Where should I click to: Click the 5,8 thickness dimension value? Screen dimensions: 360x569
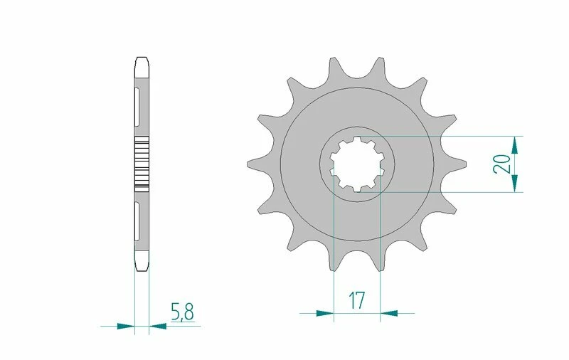pyautogui.click(x=181, y=312)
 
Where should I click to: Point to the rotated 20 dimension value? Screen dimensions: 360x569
pyautogui.click(x=501, y=164)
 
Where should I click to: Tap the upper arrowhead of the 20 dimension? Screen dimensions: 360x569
pyautogui.click(x=514, y=143)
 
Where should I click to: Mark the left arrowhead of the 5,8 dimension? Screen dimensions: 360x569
pyautogui.click(x=126, y=327)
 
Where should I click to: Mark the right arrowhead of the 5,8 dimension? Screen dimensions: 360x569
pyautogui.click(x=157, y=327)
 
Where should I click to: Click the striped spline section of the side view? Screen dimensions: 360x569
pyautogui.click(x=142, y=163)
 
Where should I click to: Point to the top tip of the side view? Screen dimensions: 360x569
pyautogui.click(x=142, y=58)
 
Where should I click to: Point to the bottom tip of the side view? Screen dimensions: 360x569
pyautogui.click(x=142, y=270)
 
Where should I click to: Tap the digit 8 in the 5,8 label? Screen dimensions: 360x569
pyautogui.click(x=188, y=312)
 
